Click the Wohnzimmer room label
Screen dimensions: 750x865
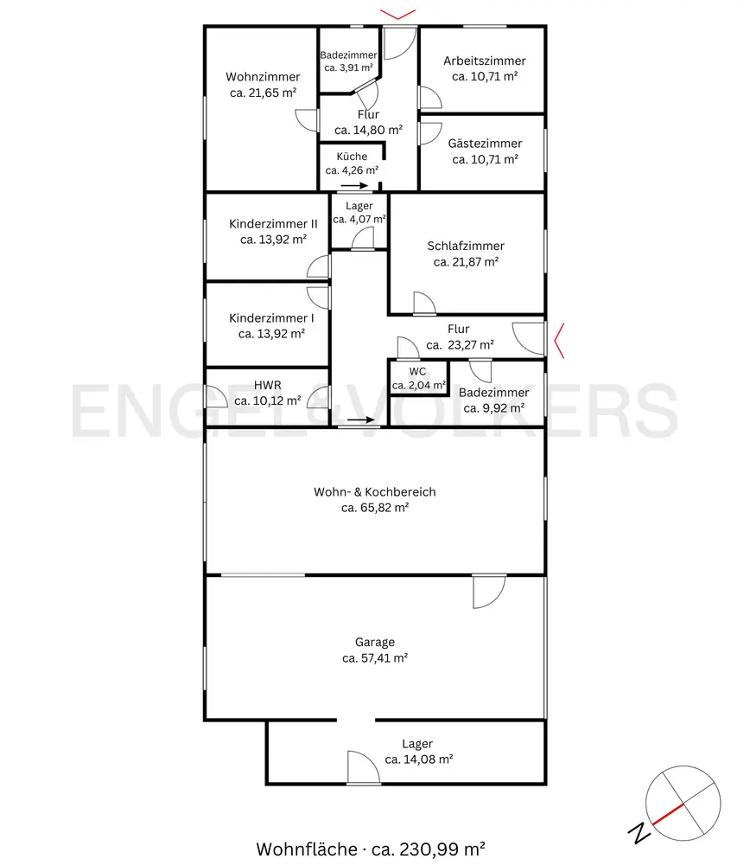pyautogui.click(x=263, y=77)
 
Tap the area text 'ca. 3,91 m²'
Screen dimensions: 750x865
pyautogui.click(x=349, y=67)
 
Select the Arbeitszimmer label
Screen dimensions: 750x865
pyautogui.click(x=485, y=61)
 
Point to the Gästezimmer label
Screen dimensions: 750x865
pyautogui.click(x=485, y=144)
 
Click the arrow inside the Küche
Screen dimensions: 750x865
pyautogui.click(x=354, y=185)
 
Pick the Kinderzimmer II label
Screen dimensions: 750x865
pyautogui.click(x=273, y=223)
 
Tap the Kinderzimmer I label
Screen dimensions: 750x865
pyautogui.click(x=271, y=317)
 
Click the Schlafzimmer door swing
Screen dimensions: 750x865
pyautogui.click(x=424, y=303)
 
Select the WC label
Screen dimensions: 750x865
pyautogui.click(x=417, y=371)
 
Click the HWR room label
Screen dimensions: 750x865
pyautogui.click(x=267, y=385)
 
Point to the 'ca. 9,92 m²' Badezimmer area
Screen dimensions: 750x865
pyautogui.click(x=493, y=408)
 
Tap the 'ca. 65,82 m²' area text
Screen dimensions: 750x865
pyautogui.click(x=375, y=508)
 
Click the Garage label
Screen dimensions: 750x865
pyautogui.click(x=375, y=642)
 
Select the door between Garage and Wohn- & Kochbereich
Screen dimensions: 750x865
pyautogui.click(x=489, y=592)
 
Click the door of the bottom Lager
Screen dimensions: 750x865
pyautogui.click(x=364, y=767)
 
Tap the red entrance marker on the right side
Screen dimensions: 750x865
pyautogui.click(x=559, y=341)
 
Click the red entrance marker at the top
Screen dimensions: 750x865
pyautogui.click(x=397, y=15)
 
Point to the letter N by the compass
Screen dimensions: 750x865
pyautogui.click(x=639, y=832)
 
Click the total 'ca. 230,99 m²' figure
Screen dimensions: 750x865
pyautogui.click(x=429, y=849)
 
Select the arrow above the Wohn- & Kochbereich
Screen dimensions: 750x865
pyautogui.click(x=361, y=420)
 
